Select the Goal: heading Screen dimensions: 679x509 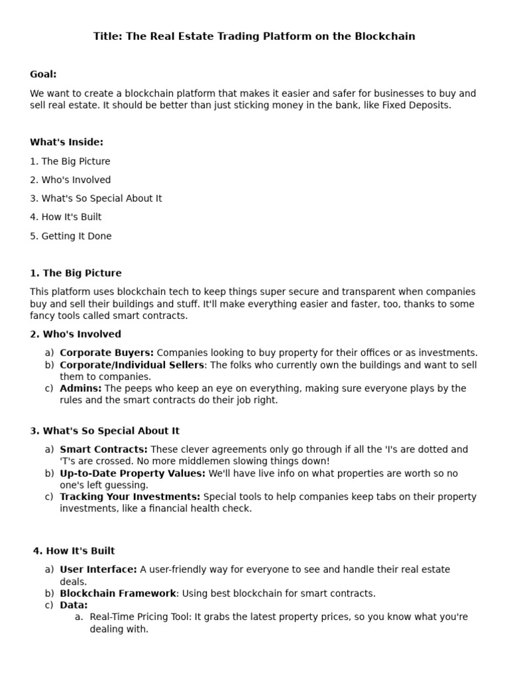click(x=43, y=74)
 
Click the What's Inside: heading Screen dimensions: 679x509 click(x=66, y=142)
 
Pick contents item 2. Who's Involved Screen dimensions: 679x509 click(x=70, y=180)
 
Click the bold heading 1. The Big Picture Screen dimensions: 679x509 click(x=76, y=273)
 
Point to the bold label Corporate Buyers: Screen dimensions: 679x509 click(x=107, y=353)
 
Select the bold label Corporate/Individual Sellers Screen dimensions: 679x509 click(x=132, y=365)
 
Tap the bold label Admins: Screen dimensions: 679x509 click(x=81, y=389)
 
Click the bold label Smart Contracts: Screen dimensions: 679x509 click(x=103, y=450)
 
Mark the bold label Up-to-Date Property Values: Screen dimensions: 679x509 click(x=133, y=473)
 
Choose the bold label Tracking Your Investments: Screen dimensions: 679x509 click(x=130, y=497)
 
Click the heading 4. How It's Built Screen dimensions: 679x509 click(x=74, y=551)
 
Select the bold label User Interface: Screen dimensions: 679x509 click(x=98, y=570)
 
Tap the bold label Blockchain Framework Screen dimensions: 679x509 click(x=118, y=593)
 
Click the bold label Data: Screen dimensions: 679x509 click(x=74, y=605)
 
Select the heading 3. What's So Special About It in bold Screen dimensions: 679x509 click(x=104, y=431)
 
